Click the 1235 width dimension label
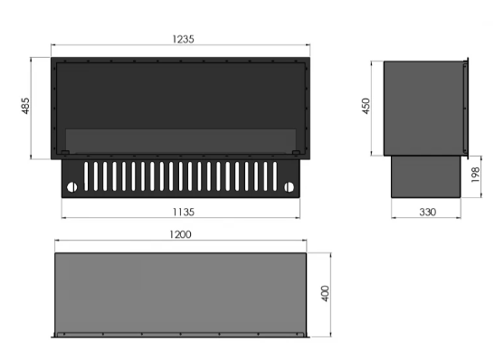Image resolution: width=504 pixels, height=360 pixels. (183, 39)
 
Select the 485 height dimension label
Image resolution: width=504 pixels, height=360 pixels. (25, 106)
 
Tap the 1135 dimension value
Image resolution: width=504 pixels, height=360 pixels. (184, 213)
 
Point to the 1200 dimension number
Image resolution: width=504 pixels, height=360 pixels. (180, 234)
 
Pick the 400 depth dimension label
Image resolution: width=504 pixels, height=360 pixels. (325, 293)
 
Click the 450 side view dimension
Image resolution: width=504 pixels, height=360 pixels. (366, 106)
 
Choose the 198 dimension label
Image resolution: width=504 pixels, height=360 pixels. (475, 175)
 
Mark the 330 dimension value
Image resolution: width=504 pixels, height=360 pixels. (428, 213)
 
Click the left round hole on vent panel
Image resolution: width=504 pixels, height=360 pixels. (71, 187)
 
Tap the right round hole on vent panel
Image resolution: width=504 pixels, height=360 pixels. (289, 187)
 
